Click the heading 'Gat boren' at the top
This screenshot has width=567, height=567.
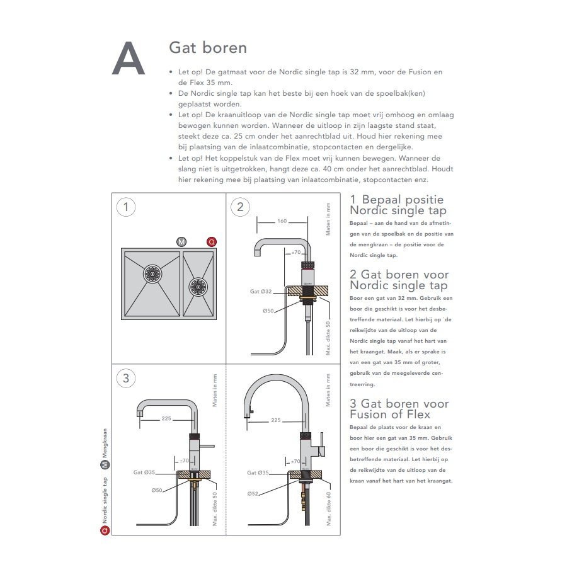[x=208, y=48]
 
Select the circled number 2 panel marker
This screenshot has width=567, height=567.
[x=240, y=207]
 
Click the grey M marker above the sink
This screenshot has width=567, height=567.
[x=181, y=242]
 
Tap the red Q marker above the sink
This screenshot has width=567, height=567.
[x=212, y=242]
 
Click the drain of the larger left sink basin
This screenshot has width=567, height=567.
[x=151, y=273]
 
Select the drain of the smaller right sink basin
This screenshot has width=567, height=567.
[x=198, y=287]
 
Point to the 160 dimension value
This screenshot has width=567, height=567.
[x=282, y=221]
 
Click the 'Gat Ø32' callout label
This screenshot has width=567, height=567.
[x=260, y=292]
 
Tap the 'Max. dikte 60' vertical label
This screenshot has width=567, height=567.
[x=329, y=508]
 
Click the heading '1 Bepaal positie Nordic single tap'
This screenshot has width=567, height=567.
[x=397, y=205]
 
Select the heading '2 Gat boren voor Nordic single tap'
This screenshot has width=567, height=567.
[x=399, y=280]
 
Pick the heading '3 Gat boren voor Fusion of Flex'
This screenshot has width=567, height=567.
[x=399, y=408]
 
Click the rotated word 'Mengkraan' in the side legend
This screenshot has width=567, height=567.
[x=105, y=444]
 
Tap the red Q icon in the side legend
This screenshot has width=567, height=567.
[x=105, y=530]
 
